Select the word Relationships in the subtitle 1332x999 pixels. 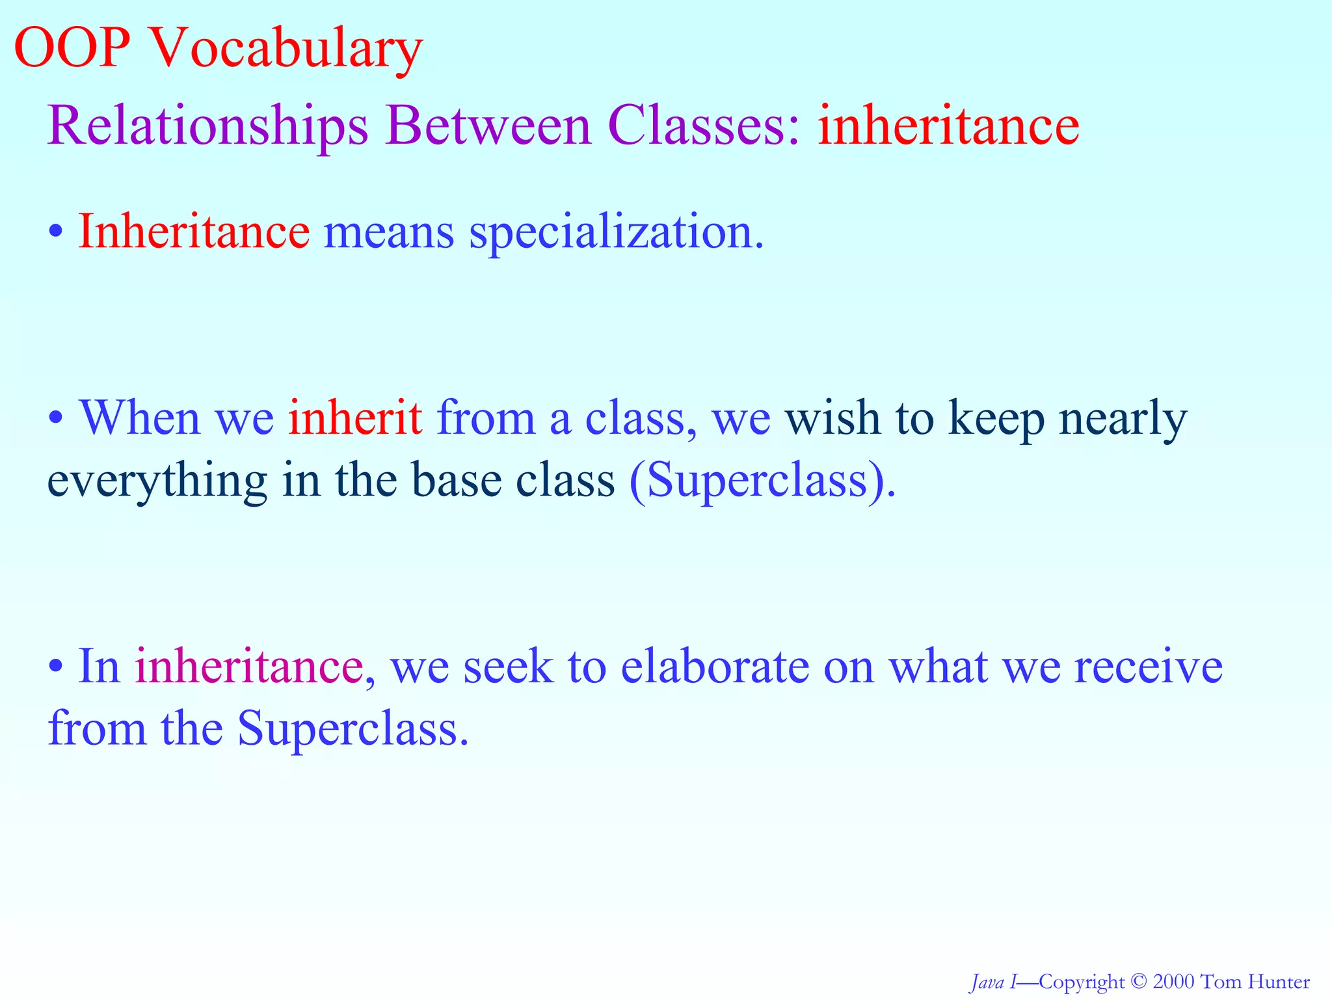tap(207, 127)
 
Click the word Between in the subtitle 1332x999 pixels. tap(488, 126)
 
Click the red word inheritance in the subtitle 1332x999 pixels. tap(948, 126)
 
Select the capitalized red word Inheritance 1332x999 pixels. tap(194, 232)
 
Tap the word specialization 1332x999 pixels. tap(616, 233)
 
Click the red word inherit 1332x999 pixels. tap(355, 418)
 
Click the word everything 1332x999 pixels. tap(157, 481)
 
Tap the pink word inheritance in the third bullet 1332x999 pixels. tap(248, 667)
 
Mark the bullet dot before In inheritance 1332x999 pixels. tap(57, 667)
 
